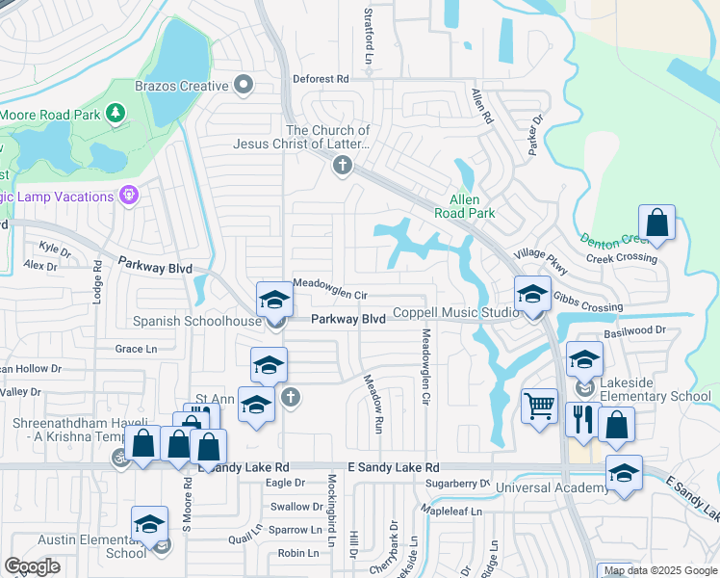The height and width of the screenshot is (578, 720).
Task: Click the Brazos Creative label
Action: tap(182, 87)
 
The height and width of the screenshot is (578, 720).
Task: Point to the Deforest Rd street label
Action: tap(322, 77)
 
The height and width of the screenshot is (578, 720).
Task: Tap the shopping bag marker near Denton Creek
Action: tap(656, 223)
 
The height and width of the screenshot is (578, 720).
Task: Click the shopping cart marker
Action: tap(539, 405)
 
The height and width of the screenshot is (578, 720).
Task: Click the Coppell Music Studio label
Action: tap(456, 314)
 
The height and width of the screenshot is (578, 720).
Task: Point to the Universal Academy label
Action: tap(552, 488)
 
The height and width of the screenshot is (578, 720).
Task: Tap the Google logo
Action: tap(33, 566)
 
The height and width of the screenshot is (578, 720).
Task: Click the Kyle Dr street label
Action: tap(55, 250)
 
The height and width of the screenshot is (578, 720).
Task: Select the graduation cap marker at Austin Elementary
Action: tap(149, 524)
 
